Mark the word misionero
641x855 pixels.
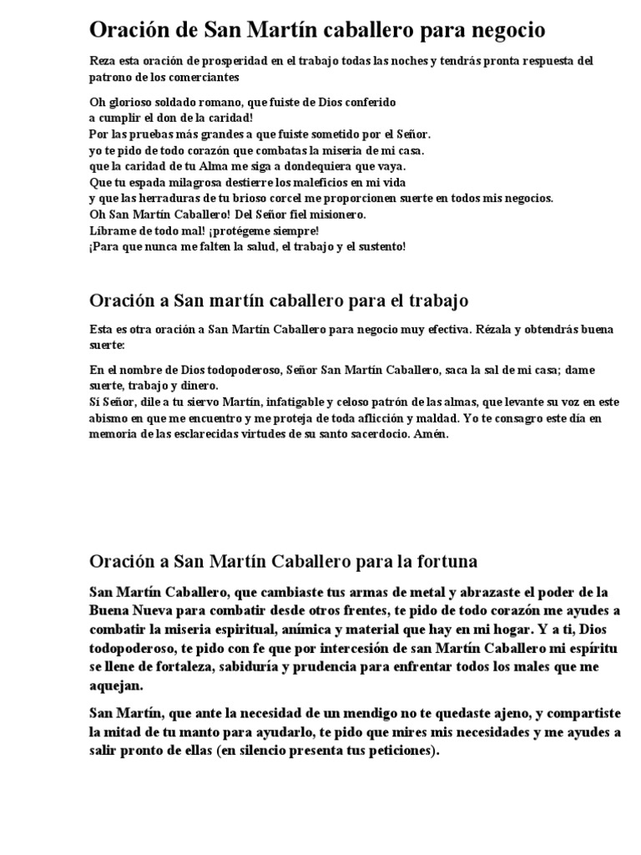coord(332,214)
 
